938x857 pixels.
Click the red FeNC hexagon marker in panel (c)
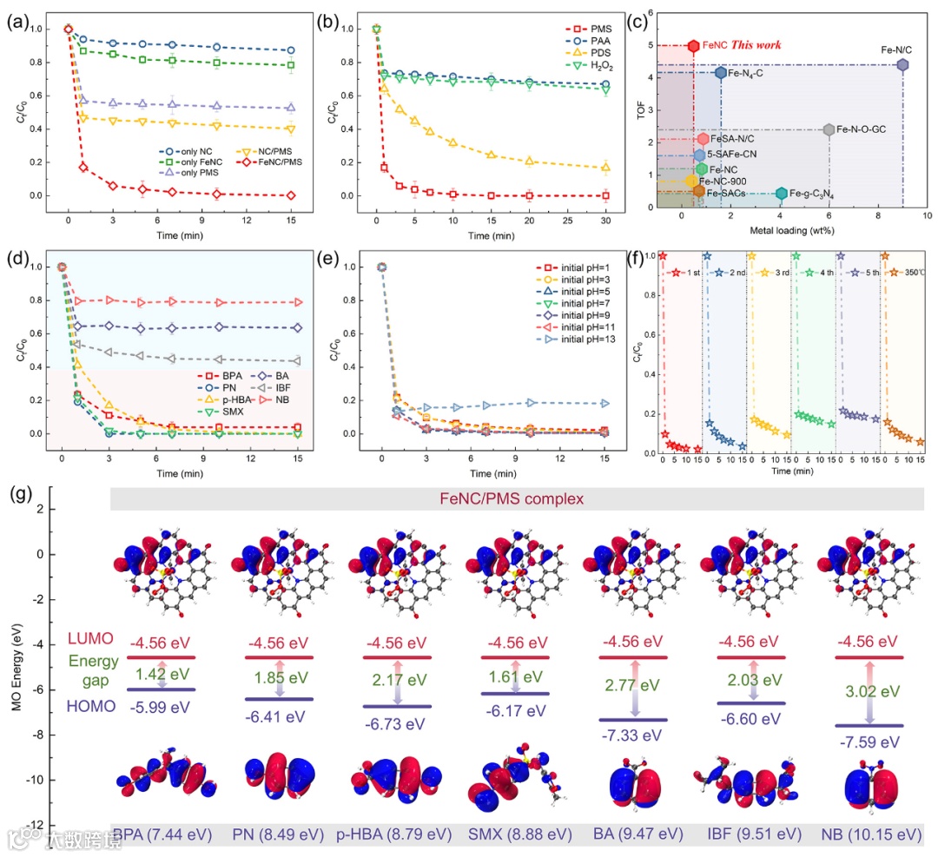[x=693, y=45]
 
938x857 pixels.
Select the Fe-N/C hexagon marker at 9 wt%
[x=902, y=65]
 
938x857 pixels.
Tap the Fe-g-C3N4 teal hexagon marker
[x=781, y=194]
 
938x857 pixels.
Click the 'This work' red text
[x=756, y=44]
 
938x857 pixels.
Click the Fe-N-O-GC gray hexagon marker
[x=829, y=129]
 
